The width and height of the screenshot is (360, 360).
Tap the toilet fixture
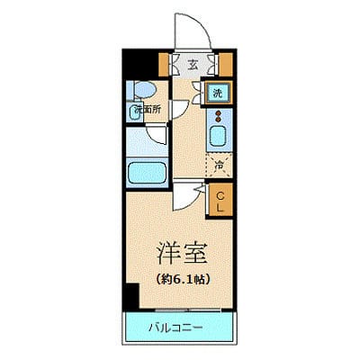point(143,90)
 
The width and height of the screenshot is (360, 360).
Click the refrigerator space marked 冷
point(219,165)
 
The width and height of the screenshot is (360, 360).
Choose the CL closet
point(219,197)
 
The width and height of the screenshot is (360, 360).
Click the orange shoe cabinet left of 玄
point(167,64)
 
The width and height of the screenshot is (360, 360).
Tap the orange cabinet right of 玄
point(225,64)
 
